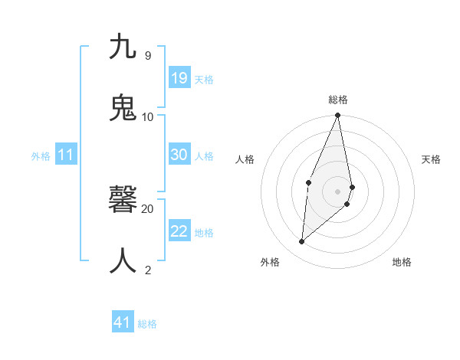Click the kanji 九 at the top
pos(123,47)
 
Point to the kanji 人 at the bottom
pos(123,261)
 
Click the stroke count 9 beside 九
pos(147,56)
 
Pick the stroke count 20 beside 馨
pos(148,208)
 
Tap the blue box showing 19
pos(179,78)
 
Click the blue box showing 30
pos(179,155)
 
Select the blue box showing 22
pos(179,231)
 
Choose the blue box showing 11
pos(66,155)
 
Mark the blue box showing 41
pos(123,322)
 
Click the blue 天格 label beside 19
pos(204,80)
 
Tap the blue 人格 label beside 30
pos(204,156)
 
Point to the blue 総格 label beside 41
pos(147,324)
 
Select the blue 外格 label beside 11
pos(41,156)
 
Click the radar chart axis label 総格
pos(338,100)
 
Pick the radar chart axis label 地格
pos(402,262)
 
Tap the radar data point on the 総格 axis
pos(338,116)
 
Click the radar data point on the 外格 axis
pos(302,242)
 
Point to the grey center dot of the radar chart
pos(338,191)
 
